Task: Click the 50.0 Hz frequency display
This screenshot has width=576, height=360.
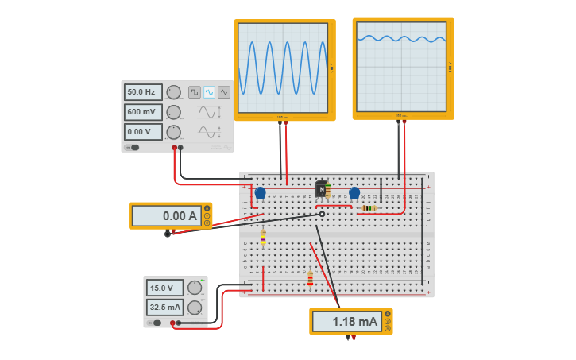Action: pos(143,92)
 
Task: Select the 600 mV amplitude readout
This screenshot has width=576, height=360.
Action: pos(143,112)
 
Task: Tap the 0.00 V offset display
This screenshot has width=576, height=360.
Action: pos(143,132)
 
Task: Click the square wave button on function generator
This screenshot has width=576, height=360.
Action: pos(195,92)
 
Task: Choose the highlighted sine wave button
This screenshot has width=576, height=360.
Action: pos(209,92)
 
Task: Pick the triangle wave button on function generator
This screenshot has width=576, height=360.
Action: pos(224,92)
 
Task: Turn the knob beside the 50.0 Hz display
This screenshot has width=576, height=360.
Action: pos(173,92)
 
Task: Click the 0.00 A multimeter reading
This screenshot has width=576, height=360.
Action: pos(166,215)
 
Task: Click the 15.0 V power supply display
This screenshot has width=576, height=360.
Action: pos(164,288)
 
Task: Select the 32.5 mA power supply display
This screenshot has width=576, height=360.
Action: pos(164,308)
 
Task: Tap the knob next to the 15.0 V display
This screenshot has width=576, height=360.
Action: pos(195,288)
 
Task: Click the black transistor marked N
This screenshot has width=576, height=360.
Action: pos(320,189)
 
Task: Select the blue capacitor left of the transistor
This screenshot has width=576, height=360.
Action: pos(260,192)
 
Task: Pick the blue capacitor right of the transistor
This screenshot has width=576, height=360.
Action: pos(354,192)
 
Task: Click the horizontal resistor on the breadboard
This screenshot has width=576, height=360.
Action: pos(368,208)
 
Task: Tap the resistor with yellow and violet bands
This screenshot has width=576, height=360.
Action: pos(263,237)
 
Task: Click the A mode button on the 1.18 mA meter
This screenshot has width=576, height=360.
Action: pos(388,314)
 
